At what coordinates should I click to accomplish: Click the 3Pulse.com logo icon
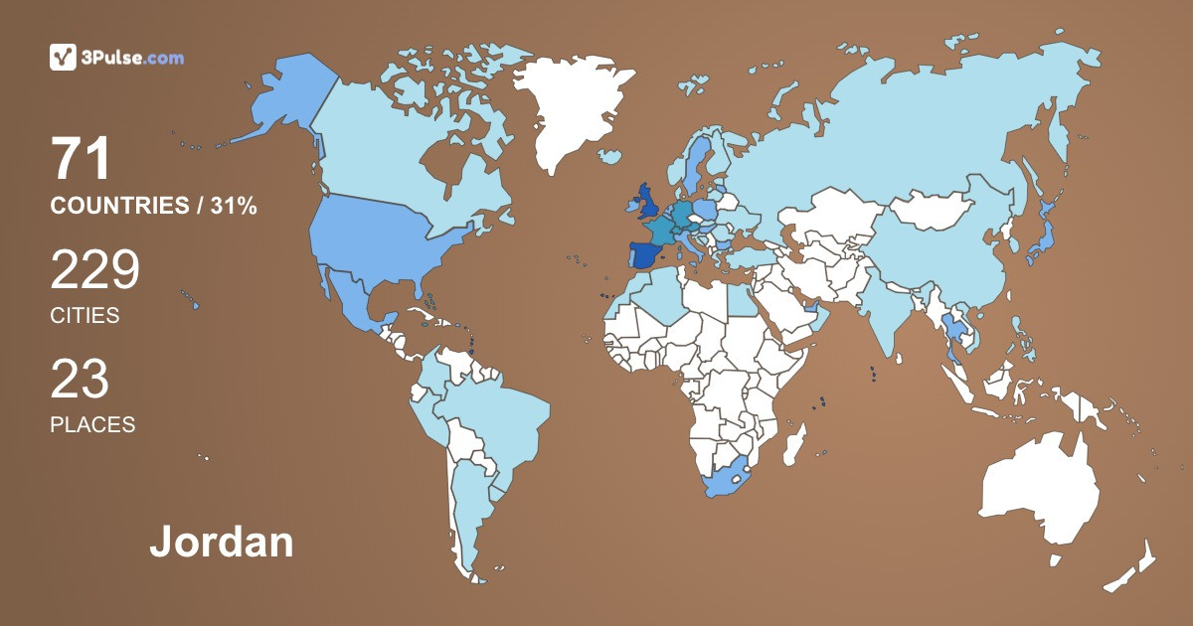(63, 58)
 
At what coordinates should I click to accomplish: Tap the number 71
(81, 159)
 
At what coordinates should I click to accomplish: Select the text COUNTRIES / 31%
(154, 206)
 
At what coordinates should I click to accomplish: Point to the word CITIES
(85, 316)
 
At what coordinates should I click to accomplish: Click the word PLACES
(92, 424)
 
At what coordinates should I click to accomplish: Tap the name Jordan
(222, 543)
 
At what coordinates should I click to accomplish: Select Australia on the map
(1039, 492)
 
